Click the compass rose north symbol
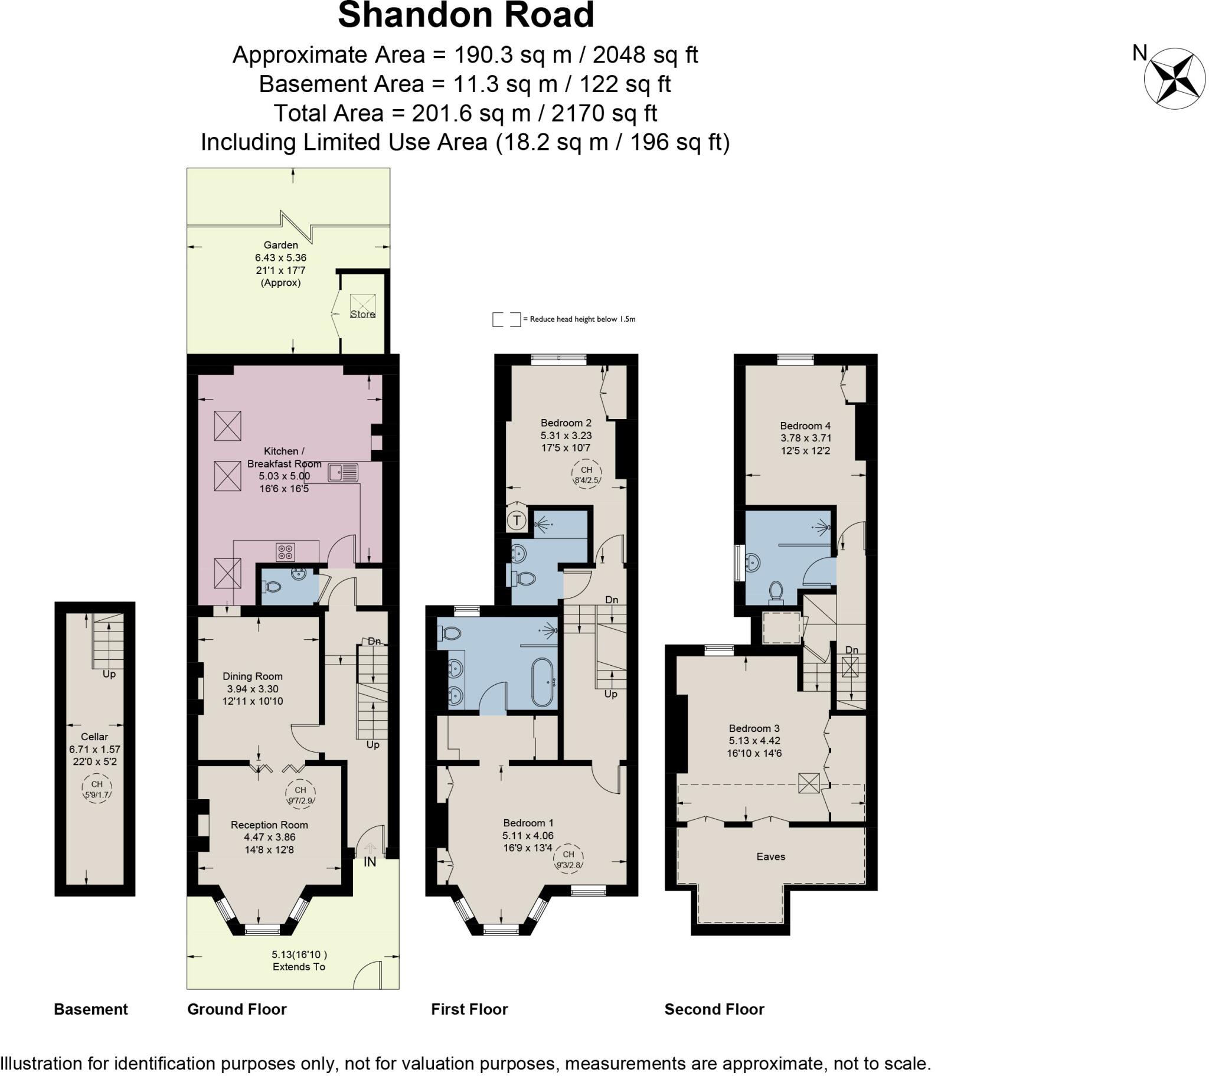coord(1174,79)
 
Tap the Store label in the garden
coord(362,314)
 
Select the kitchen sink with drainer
coord(343,472)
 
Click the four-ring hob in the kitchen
coord(286,552)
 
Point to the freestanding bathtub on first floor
coord(543,682)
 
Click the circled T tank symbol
coord(517,521)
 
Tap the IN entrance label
coord(370,862)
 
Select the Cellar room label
coord(94,737)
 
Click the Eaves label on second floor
coord(771,856)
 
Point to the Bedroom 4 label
coord(805,426)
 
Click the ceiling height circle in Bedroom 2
coord(586,475)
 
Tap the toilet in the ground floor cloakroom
coord(272,587)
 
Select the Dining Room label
coord(253,676)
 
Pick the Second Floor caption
coord(714,1009)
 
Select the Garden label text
coord(281,245)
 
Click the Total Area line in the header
coord(466,112)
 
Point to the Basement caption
coord(90,1009)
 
